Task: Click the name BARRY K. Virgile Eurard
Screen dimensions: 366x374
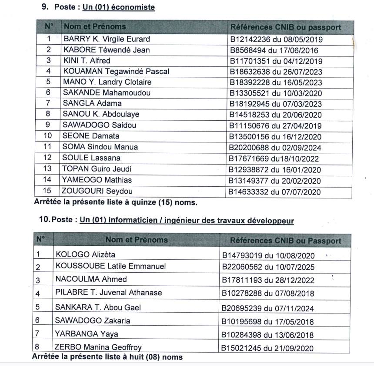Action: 107,39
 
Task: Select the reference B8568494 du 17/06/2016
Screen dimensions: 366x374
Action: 275,50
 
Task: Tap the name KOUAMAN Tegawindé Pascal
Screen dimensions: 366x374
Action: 116,71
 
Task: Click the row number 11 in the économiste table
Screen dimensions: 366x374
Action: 48,147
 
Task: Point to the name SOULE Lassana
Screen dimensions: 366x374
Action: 92,158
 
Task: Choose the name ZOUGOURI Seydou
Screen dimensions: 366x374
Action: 98,191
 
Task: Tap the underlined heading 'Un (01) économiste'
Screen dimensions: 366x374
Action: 116,7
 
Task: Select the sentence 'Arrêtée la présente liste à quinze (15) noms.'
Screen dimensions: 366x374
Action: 116,202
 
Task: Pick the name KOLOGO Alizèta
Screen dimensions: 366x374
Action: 85,254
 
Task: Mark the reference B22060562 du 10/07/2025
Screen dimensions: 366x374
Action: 268,267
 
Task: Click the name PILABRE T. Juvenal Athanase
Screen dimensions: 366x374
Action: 108,293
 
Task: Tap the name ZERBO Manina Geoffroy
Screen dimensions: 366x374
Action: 98,347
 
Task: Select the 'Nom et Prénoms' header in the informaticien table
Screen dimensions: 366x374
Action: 136,240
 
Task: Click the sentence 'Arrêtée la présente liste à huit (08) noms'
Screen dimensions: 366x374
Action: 107,357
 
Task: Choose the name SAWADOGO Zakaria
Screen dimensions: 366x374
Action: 93,321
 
